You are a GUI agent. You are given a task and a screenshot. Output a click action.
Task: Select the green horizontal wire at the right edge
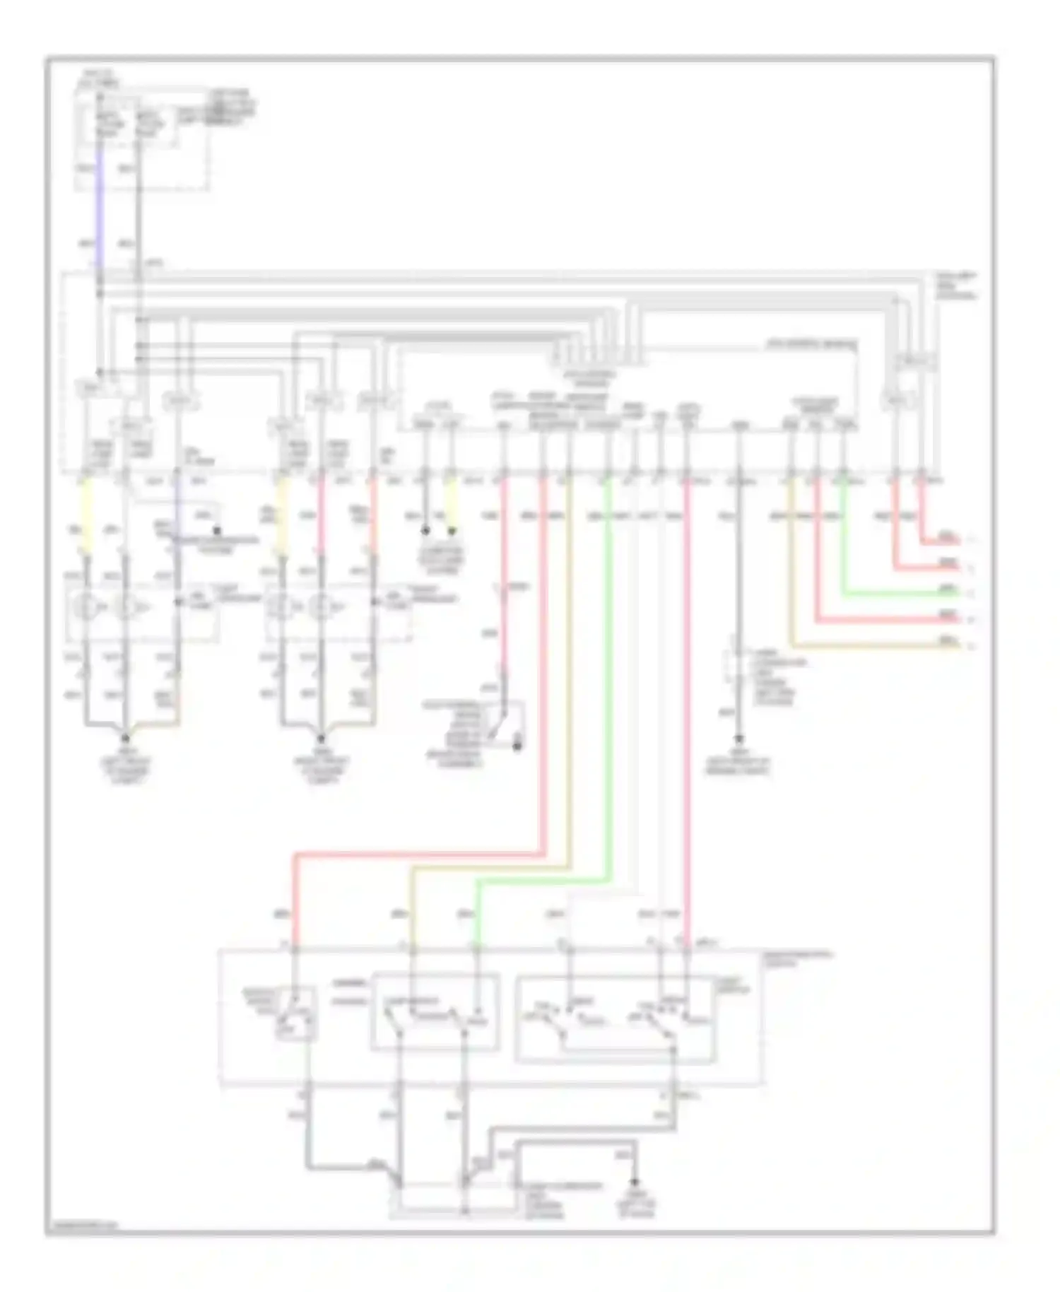pos(897,594)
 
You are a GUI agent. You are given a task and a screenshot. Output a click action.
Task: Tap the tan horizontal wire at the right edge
pos(876,646)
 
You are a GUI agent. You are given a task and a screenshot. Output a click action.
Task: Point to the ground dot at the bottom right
pos(635,1181)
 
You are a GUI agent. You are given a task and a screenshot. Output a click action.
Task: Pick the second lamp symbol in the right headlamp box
pos(322,606)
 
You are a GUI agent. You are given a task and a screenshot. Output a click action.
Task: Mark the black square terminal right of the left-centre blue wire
pos(217,529)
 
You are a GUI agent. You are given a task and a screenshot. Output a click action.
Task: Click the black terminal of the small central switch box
pos(517,746)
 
